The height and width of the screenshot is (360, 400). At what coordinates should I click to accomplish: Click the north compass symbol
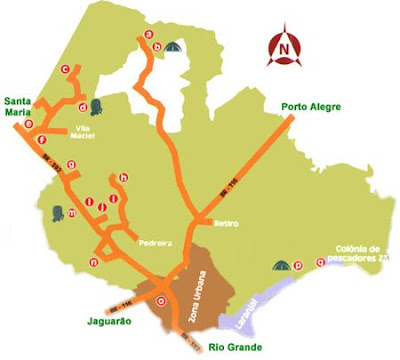(x=287, y=46)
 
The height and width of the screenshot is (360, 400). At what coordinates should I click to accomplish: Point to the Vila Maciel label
(x=91, y=132)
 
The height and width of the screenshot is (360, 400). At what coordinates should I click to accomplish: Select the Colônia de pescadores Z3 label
(x=359, y=254)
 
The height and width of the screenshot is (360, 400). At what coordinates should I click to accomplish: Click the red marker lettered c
(x=65, y=69)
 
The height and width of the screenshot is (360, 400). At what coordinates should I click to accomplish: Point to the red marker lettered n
(x=93, y=263)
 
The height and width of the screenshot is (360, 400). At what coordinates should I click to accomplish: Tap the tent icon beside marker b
(x=174, y=46)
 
